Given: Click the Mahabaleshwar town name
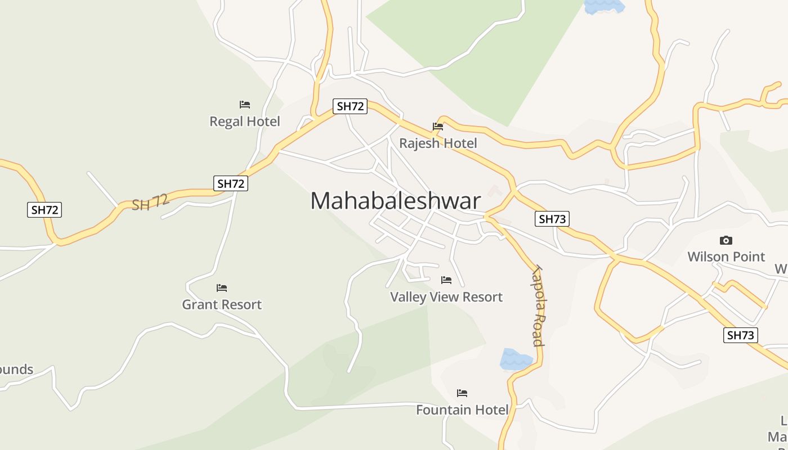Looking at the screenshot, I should click(396, 201).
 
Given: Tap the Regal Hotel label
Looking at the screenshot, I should click(244, 121).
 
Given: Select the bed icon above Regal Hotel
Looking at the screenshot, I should click(244, 105).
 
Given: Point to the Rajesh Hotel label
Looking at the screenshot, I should click(438, 143).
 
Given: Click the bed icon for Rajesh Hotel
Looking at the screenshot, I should click(437, 127).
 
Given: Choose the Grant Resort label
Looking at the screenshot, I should click(222, 304).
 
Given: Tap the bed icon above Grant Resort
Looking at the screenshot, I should click(222, 288).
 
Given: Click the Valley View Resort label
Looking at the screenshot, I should click(446, 297).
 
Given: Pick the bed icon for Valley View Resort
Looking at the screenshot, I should click(446, 280).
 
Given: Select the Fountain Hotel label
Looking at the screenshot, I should click(462, 409).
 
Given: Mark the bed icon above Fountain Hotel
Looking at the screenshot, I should click(462, 393).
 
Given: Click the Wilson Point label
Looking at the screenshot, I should click(726, 256).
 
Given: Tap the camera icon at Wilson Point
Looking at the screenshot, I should click(726, 241).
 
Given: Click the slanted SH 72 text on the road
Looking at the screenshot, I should click(150, 202).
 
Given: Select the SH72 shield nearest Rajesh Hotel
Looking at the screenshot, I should click(350, 106).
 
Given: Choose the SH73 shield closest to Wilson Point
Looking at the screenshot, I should click(740, 335).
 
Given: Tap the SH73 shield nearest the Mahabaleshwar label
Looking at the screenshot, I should click(552, 219).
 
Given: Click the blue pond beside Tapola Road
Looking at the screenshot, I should click(516, 359).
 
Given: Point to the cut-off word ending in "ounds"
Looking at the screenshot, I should click(16, 370).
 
